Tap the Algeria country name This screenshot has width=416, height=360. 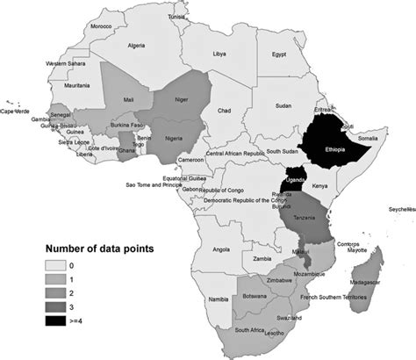[135, 45]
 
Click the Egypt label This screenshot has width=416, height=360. [279, 54]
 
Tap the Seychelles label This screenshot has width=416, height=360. [399, 209]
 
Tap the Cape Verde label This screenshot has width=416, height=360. [16, 112]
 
